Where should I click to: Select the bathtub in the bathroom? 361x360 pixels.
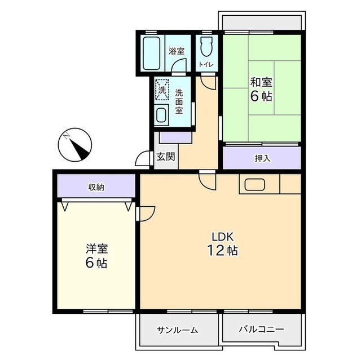coord(151,54)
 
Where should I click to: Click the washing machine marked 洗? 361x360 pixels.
coord(162,89)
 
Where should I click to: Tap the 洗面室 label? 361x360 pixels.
coord(179,101)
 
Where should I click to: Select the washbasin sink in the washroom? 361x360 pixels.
coord(162,115)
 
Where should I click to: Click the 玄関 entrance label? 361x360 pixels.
coord(165,157)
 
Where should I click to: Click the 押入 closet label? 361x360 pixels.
coord(262,158)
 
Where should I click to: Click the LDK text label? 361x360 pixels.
coord(222,236)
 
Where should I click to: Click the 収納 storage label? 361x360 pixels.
coord(96,186)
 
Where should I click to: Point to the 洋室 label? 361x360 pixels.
coord(96,248)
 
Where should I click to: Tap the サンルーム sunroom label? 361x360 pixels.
coord(177,330)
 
